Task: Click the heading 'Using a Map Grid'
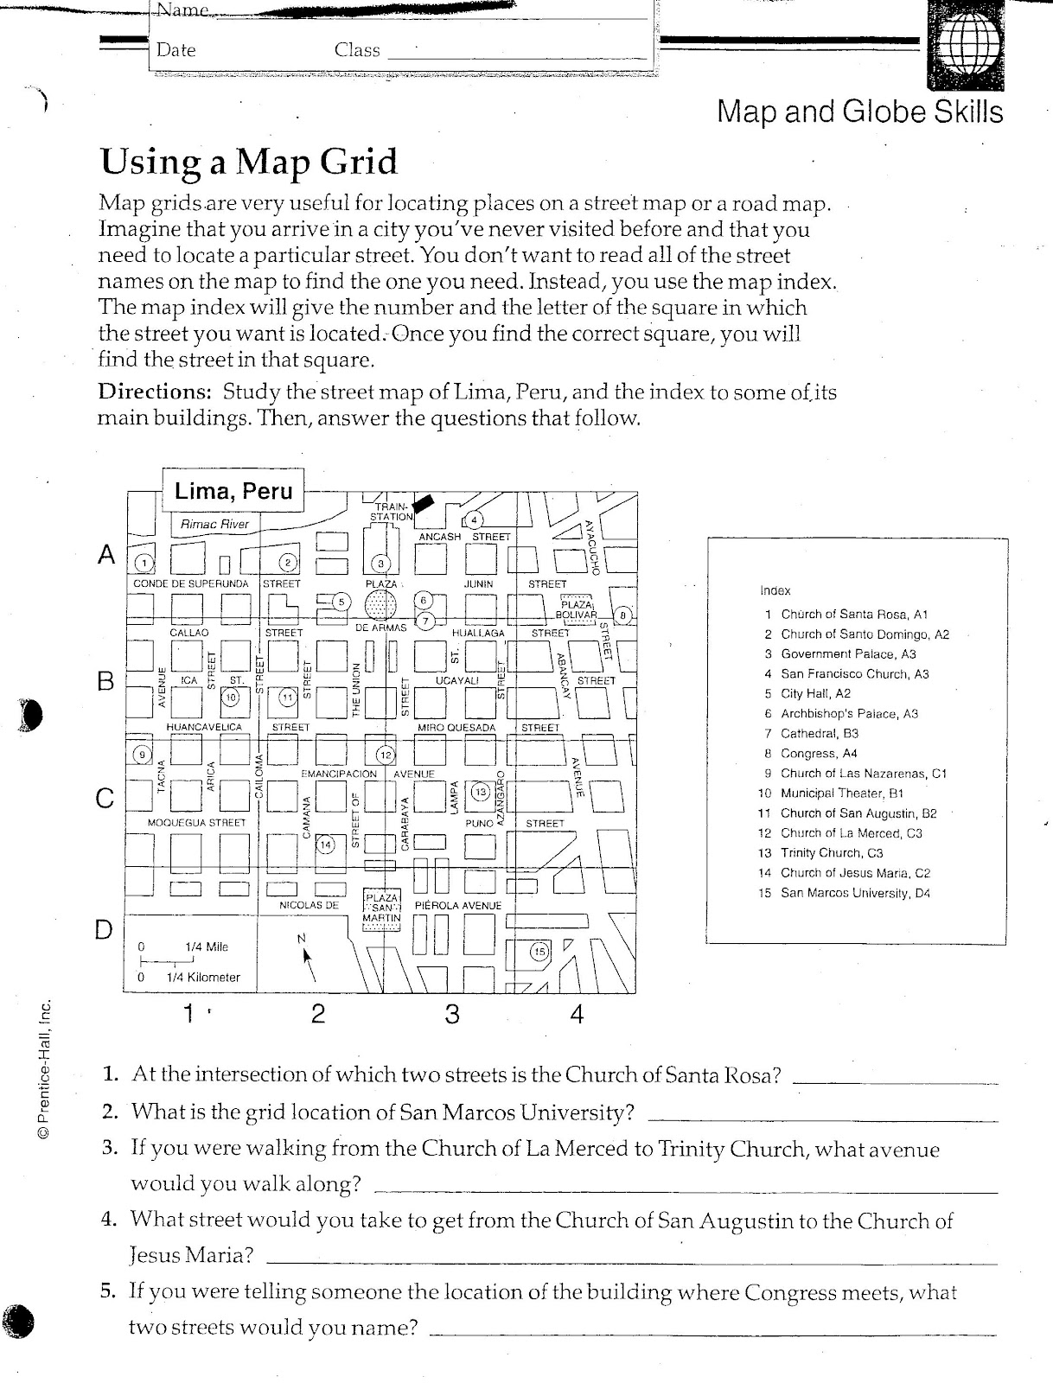tap(249, 162)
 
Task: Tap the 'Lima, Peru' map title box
tap(233, 492)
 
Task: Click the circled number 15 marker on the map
tap(539, 952)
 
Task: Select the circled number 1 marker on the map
tap(144, 564)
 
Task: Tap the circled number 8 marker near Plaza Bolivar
tap(626, 615)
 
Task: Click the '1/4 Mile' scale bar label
tap(206, 946)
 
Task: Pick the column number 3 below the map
tap(452, 1014)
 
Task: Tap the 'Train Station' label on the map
tap(392, 512)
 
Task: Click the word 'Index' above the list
tap(775, 590)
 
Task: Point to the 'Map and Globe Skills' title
tap(859, 112)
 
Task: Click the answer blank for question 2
tap(821, 1119)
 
